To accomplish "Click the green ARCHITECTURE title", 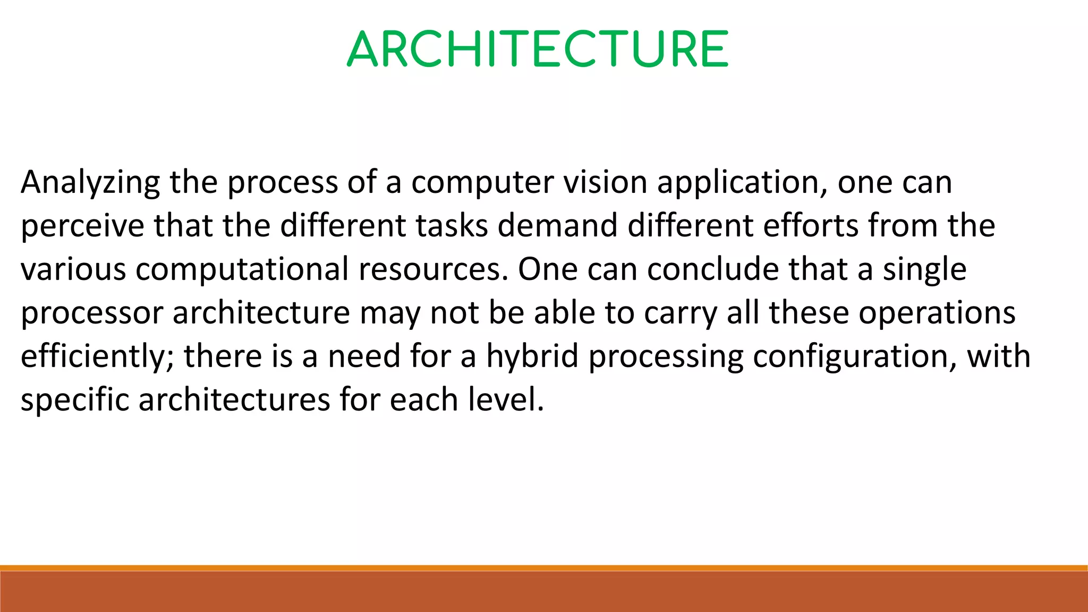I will click(538, 49).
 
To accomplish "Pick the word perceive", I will click(82, 226).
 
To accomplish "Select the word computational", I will click(242, 270).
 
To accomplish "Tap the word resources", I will click(430, 270).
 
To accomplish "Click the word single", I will click(924, 270).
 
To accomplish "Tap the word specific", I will click(75, 401).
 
